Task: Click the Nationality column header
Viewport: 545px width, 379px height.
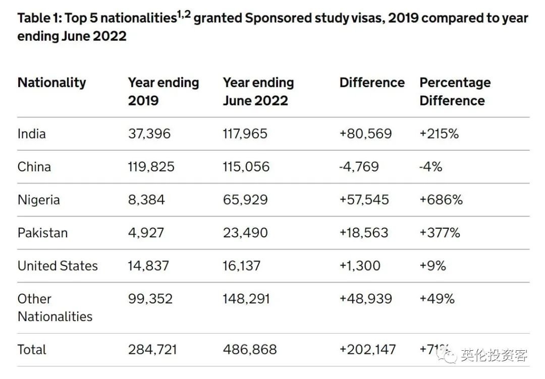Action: click(x=51, y=83)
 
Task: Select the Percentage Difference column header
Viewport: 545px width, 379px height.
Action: click(x=455, y=91)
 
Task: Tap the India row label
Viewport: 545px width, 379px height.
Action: click(x=31, y=134)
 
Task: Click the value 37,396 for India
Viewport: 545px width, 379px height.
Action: click(x=149, y=134)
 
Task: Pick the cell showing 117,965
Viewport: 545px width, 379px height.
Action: click(x=245, y=134)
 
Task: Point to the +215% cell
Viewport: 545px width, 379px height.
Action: click(x=439, y=134)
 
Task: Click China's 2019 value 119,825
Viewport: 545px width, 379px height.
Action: click(x=151, y=167)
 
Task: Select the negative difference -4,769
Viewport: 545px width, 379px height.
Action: click(x=359, y=167)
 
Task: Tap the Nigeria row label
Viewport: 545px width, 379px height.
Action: click(x=38, y=200)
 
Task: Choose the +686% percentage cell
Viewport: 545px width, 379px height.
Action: click(x=441, y=200)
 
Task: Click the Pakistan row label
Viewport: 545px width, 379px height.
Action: click(x=42, y=233)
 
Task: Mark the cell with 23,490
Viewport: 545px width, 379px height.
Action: click(x=245, y=233)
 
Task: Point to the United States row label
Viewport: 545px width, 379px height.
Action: click(x=58, y=266)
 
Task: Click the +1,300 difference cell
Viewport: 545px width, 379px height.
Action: click(x=360, y=266)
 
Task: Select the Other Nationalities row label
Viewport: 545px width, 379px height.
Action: click(x=54, y=307)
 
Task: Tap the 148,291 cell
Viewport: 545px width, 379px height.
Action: click(x=246, y=299)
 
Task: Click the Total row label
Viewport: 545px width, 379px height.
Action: click(x=32, y=349)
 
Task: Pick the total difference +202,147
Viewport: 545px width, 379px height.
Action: click(x=367, y=349)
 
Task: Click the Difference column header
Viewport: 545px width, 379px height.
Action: click(x=372, y=83)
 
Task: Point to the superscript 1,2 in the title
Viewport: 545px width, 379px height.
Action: click(x=183, y=14)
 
